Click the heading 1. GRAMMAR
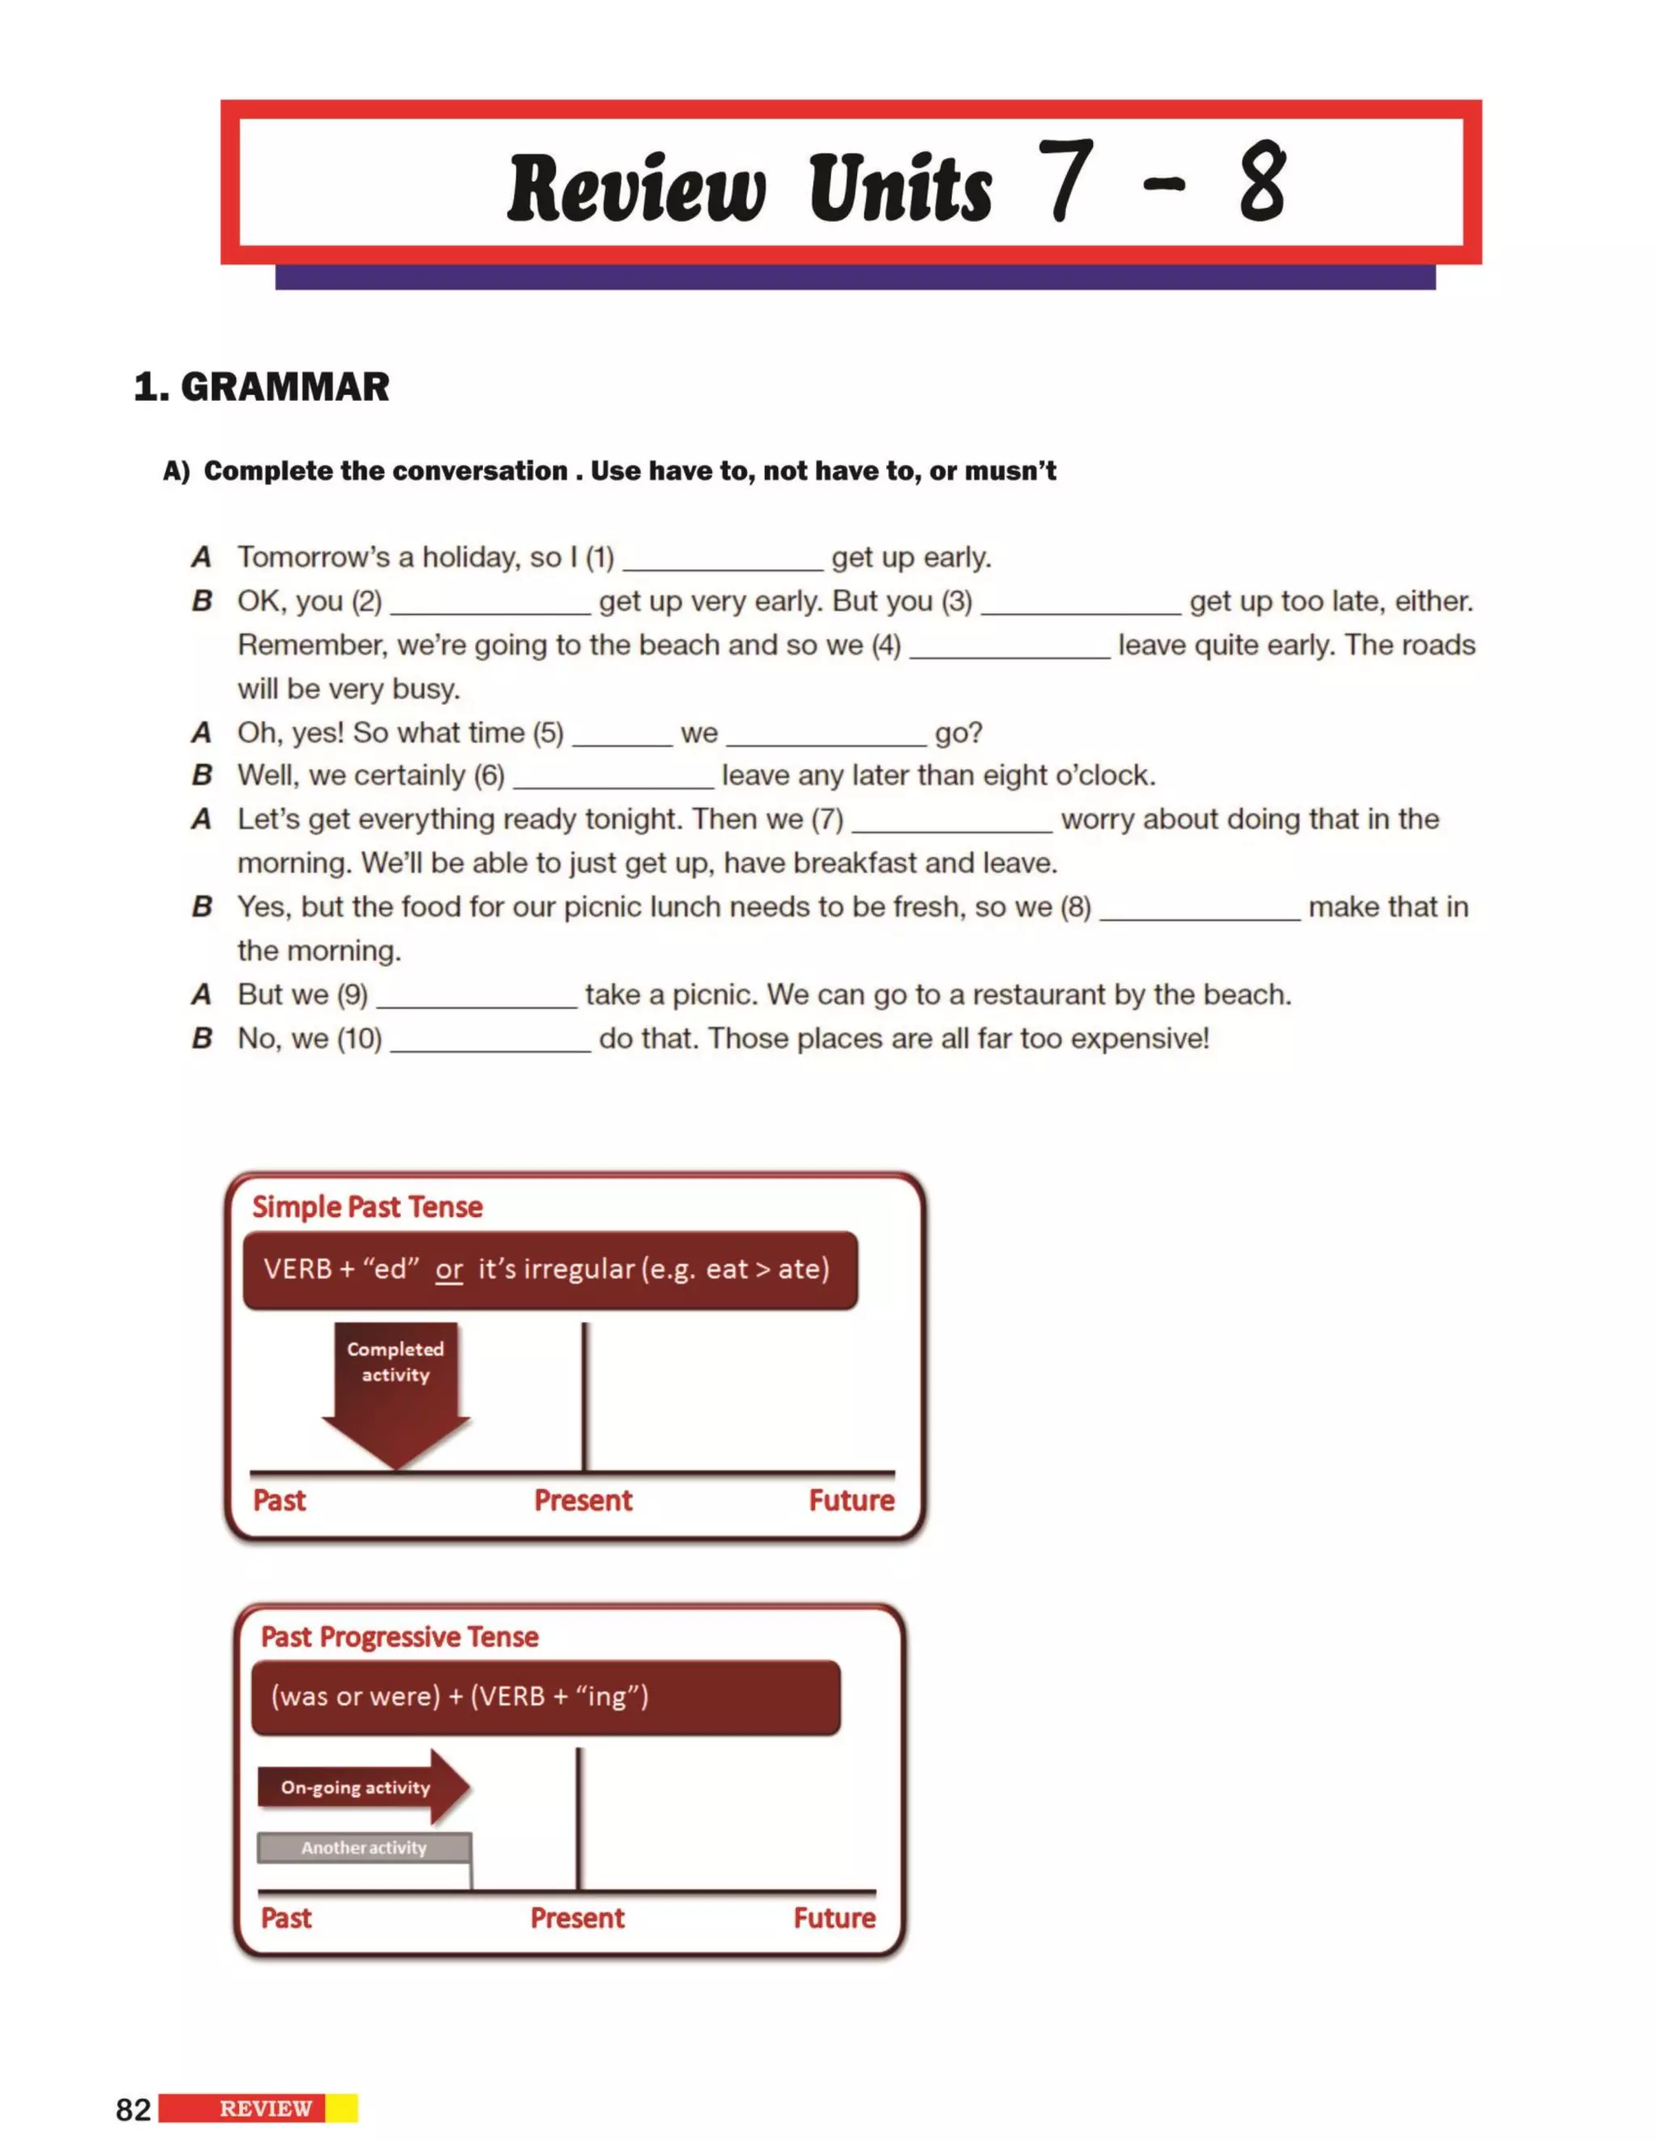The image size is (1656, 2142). [x=261, y=386]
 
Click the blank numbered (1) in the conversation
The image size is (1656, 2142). [x=723, y=559]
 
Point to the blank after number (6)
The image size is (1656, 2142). [x=613, y=778]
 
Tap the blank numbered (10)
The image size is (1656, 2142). [x=491, y=1040]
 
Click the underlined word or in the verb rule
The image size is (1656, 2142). [x=450, y=1269]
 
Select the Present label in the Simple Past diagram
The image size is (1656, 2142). [x=583, y=1500]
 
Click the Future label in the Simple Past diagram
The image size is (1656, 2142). [x=851, y=1500]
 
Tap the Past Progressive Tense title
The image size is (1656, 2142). [x=399, y=1637]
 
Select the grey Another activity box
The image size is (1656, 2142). [x=364, y=1848]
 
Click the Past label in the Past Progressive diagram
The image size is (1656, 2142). [x=285, y=1918]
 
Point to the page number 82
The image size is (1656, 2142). [x=133, y=2110]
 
